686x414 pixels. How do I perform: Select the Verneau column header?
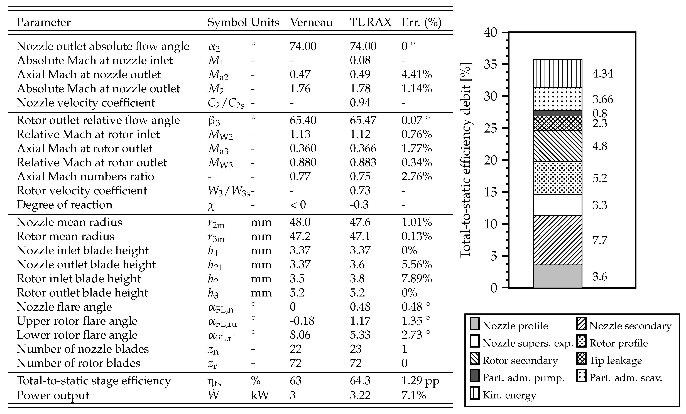coord(311,22)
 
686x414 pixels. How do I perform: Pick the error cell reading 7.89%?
coord(416,279)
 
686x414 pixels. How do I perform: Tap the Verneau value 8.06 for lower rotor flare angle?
coord(300,335)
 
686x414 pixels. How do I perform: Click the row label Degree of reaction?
coord(64,205)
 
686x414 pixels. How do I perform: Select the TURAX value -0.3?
coord(359,205)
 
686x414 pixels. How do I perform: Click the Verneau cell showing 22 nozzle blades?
coord(295,349)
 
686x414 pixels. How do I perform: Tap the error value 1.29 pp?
coord(420,381)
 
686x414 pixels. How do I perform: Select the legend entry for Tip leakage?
coord(615,361)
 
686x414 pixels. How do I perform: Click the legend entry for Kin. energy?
coord(509,395)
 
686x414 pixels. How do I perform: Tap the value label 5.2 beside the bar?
coord(599,178)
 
